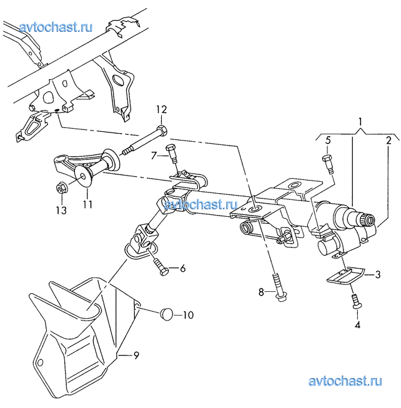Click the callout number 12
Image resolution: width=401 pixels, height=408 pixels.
coord(161,110)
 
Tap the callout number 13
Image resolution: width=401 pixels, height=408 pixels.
coord(61,210)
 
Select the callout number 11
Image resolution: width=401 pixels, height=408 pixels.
coord(87,204)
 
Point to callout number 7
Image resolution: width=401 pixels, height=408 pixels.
coord(154,156)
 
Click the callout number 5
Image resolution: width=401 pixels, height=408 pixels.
coord(328,141)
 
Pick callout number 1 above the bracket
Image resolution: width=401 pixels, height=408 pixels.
coord(360,122)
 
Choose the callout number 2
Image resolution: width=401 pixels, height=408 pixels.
coord(389,141)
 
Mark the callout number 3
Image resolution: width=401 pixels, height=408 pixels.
coord(377,274)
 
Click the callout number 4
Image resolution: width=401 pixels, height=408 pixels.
coord(357,325)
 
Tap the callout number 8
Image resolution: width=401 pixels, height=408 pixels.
coord(261,292)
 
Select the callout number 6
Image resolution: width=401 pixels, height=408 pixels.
coord(183,268)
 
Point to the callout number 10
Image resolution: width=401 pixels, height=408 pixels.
coord(188,315)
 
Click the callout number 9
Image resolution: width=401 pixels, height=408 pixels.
coord(136,355)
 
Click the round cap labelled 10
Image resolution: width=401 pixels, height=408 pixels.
coord(167,314)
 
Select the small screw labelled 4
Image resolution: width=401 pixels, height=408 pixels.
coord(357,301)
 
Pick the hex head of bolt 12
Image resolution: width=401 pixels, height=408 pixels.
coord(162,130)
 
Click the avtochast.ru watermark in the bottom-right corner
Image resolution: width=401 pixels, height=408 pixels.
coord(345,381)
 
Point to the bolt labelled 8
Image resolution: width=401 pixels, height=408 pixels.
coord(278,288)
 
